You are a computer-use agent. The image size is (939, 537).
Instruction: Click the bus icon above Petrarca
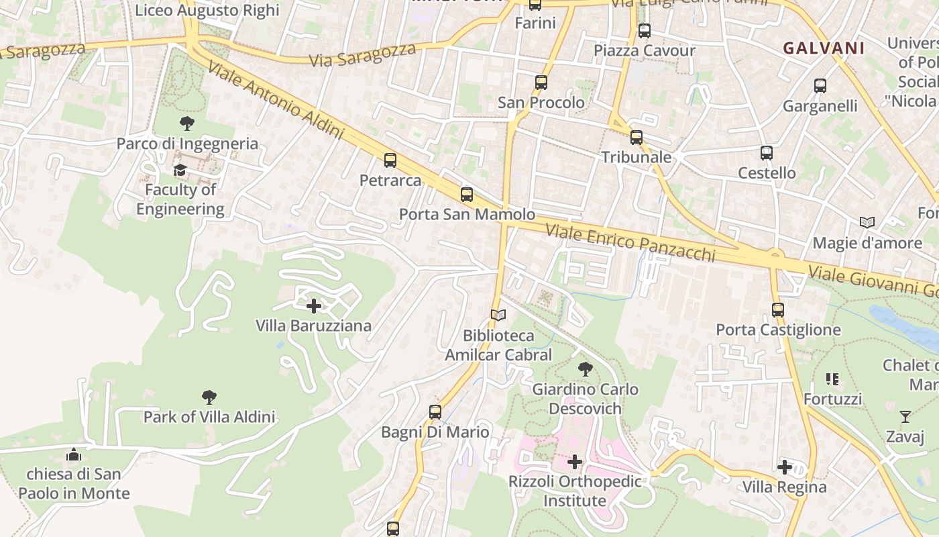coord(390,160)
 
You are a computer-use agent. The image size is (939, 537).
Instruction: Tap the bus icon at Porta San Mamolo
coord(467,195)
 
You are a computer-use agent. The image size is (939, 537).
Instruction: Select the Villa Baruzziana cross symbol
coord(313,306)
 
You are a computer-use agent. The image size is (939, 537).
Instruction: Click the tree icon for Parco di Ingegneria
coord(187,124)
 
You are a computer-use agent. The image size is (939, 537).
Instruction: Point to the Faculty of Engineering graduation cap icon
coord(180,170)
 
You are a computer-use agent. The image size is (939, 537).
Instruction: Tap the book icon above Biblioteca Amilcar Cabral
coord(498,315)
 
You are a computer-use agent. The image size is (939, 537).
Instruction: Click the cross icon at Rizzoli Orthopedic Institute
coord(575,462)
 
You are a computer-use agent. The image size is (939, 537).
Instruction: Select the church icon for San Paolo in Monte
coord(74,454)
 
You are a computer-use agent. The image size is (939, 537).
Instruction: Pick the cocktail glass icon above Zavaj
coord(905,417)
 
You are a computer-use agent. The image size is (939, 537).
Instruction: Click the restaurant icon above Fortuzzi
coord(832,379)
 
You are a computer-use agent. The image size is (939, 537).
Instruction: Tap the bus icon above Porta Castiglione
coord(778,309)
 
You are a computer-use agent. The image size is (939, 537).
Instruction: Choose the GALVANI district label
coord(824,48)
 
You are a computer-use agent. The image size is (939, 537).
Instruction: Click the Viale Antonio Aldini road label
coord(276,101)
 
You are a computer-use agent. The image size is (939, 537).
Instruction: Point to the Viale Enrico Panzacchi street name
coord(630,242)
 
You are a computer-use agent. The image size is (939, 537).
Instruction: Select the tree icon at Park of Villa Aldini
coord(209,397)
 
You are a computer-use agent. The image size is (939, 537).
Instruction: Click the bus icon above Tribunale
coord(636,138)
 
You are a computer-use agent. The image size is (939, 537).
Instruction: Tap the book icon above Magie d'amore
coord(867,222)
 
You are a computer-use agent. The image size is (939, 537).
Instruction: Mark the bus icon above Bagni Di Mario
coord(435,412)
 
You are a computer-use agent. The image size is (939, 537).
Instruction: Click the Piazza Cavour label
coord(645,50)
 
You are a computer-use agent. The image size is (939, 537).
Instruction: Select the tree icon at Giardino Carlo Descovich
coord(585,369)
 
